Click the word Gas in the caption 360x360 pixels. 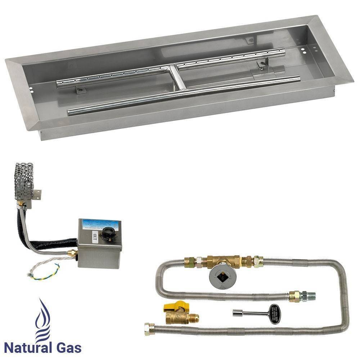click(x=68, y=348)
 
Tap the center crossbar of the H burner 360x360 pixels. click(x=179, y=77)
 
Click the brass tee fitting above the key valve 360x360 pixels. click(x=220, y=260)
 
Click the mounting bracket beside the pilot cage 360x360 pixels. click(x=37, y=195)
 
